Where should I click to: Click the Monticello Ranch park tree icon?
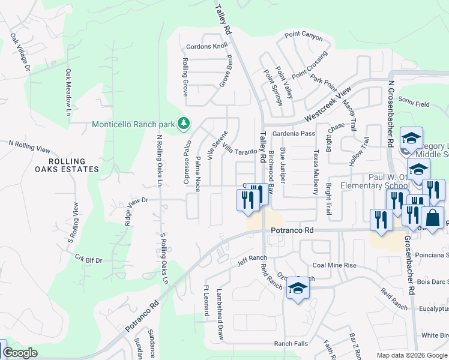point(184,124)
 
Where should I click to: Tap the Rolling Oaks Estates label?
point(66,166)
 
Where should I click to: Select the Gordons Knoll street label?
point(207,46)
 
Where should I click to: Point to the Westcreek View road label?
point(327,105)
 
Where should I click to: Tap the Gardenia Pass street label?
point(294,133)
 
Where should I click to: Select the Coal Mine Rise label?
point(334,265)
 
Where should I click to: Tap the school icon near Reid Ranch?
point(298,289)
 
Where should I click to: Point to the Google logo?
point(20,353)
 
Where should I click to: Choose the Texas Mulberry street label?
point(315,172)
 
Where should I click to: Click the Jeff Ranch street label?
point(251,260)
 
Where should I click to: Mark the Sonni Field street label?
point(414,103)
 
